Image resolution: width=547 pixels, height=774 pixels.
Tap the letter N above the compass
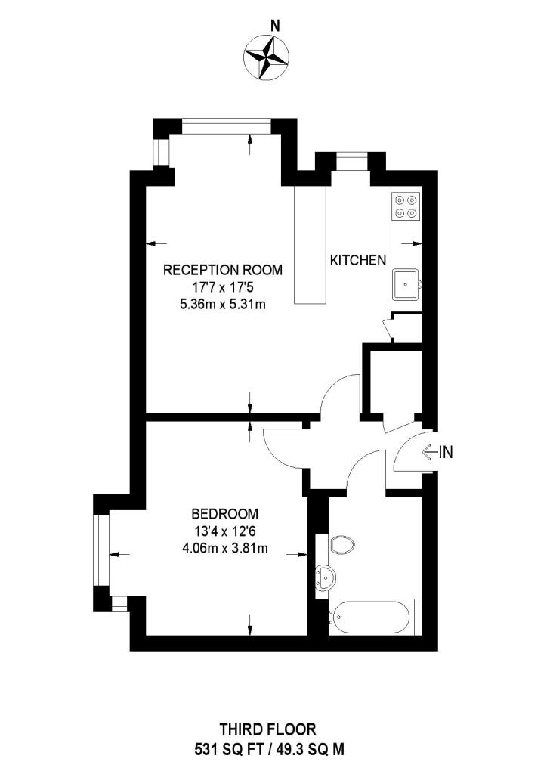click(x=276, y=25)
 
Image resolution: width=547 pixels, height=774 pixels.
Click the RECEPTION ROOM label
click(x=223, y=270)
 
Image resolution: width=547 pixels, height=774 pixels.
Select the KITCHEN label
click(x=357, y=260)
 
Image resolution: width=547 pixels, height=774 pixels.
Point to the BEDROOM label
click(x=224, y=514)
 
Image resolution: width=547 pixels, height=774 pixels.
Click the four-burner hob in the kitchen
click(x=406, y=206)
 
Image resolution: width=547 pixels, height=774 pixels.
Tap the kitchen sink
click(x=406, y=284)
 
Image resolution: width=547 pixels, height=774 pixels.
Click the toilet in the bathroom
click(x=341, y=544)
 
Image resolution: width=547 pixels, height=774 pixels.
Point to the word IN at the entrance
click(x=446, y=452)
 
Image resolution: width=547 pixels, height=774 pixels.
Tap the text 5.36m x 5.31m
click(x=223, y=304)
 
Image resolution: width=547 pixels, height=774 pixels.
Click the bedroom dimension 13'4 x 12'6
click(x=224, y=531)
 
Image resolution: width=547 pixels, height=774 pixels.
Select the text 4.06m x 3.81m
click(x=224, y=548)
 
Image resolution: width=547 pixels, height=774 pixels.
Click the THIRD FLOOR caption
click(x=267, y=729)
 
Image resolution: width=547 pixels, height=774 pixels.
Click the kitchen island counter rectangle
click(x=311, y=244)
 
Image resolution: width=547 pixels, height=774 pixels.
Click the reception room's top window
click(x=226, y=126)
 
